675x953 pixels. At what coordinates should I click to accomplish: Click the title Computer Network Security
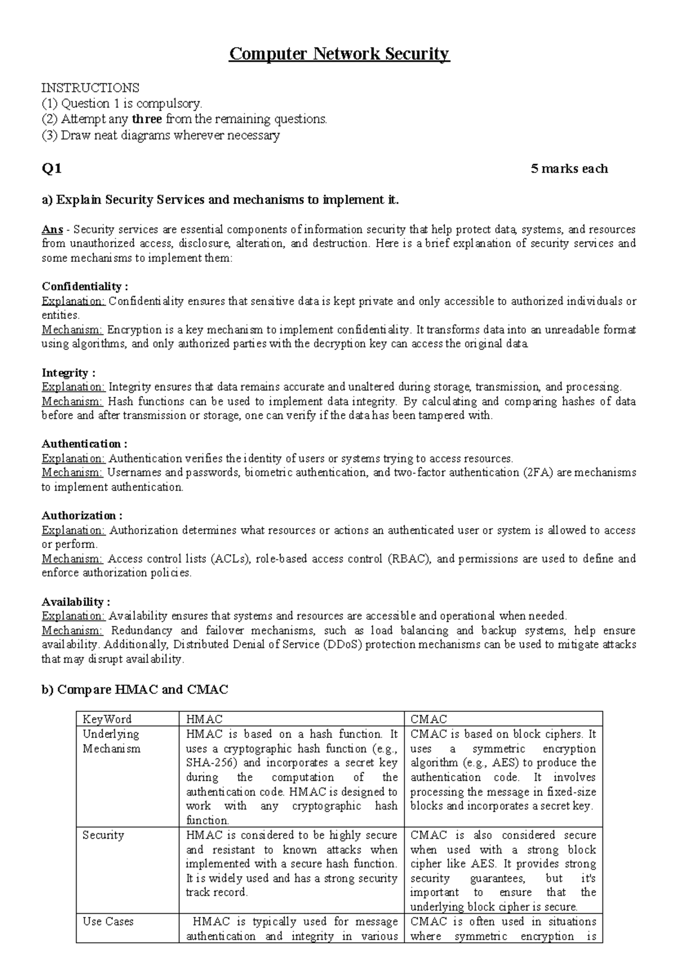[339, 54]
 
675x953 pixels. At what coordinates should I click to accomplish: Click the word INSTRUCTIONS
[91, 88]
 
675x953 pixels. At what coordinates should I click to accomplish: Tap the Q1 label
[52, 169]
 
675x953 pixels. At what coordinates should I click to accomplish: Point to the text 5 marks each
[569, 169]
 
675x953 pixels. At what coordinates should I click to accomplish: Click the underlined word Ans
[52, 229]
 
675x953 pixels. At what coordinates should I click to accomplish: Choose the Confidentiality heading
[85, 287]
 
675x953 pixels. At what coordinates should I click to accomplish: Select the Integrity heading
[68, 373]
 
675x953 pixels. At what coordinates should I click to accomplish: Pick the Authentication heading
[84, 444]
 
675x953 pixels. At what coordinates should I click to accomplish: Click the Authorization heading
[82, 515]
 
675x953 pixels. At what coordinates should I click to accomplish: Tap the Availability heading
[76, 602]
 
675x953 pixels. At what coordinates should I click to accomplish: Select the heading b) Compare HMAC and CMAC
[135, 689]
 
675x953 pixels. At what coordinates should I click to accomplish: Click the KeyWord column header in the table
[107, 719]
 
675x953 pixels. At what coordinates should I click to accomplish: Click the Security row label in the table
[103, 836]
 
